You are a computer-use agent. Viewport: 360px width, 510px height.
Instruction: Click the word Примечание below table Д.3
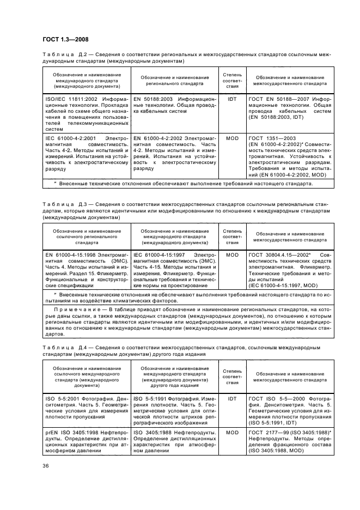point(80,309)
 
